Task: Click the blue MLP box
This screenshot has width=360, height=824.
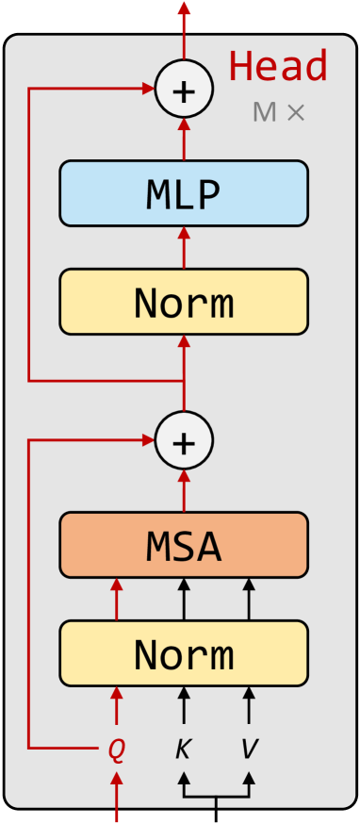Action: click(184, 193)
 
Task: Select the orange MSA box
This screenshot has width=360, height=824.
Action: click(184, 545)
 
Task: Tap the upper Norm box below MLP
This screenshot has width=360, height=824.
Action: click(184, 302)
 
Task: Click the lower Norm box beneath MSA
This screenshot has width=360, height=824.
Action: click(184, 652)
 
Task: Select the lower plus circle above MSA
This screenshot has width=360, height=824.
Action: click(184, 440)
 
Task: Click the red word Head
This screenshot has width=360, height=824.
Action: click(278, 66)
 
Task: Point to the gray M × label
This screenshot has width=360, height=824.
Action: click(279, 112)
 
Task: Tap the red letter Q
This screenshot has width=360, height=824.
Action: click(116, 750)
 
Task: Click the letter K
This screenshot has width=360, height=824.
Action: click(184, 750)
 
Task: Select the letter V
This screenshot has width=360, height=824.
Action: click(249, 750)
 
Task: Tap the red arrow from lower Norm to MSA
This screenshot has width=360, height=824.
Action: click(117, 599)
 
